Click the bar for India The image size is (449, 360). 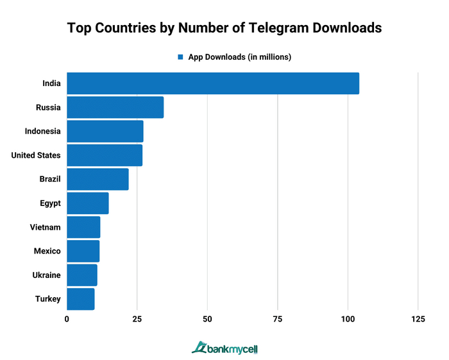coord(212,83)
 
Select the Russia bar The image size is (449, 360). coord(115,107)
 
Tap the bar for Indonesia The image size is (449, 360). coord(105,132)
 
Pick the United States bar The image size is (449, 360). coord(105,155)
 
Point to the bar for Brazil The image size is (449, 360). coord(97,179)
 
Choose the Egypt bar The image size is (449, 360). coord(87,203)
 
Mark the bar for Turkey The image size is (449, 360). coord(80,299)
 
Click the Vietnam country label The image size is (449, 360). coord(45,227)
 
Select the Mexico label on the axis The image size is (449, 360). coord(47,251)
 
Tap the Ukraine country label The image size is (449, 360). coord(46,275)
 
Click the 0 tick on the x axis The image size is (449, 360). coord(67,320)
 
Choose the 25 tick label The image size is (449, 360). coord(137,320)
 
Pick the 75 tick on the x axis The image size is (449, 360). coord(277,320)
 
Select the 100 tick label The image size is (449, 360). coord(348,320)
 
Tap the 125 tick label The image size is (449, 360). coord(418,320)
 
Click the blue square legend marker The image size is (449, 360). coord(181,57)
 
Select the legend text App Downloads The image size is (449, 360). coord(239,57)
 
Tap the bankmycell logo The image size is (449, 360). coord(224,348)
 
